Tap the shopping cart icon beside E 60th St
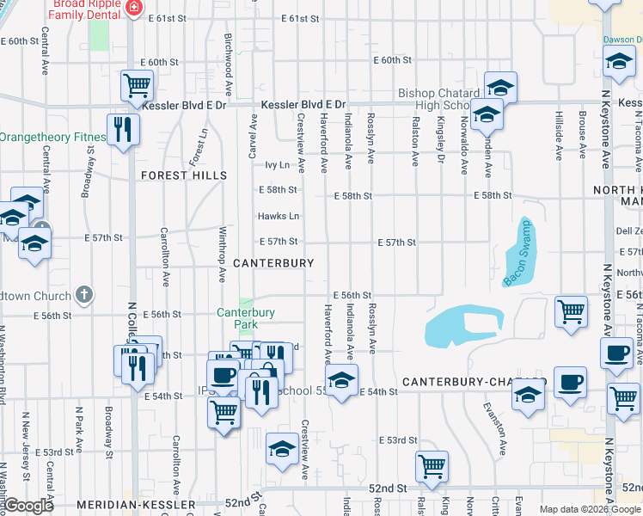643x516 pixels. (137, 85)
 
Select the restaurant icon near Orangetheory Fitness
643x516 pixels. (123, 129)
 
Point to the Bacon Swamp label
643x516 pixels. (518, 252)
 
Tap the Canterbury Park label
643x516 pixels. (246, 318)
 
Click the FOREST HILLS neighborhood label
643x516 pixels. (185, 175)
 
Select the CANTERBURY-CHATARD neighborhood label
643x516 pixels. (474, 381)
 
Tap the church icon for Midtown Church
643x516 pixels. (83, 295)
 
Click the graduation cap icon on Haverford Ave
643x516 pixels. (341, 380)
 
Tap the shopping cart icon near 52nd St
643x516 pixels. (432, 466)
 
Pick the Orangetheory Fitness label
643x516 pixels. (52, 137)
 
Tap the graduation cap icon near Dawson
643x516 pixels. (618, 61)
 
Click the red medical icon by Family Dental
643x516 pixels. (134, 8)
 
